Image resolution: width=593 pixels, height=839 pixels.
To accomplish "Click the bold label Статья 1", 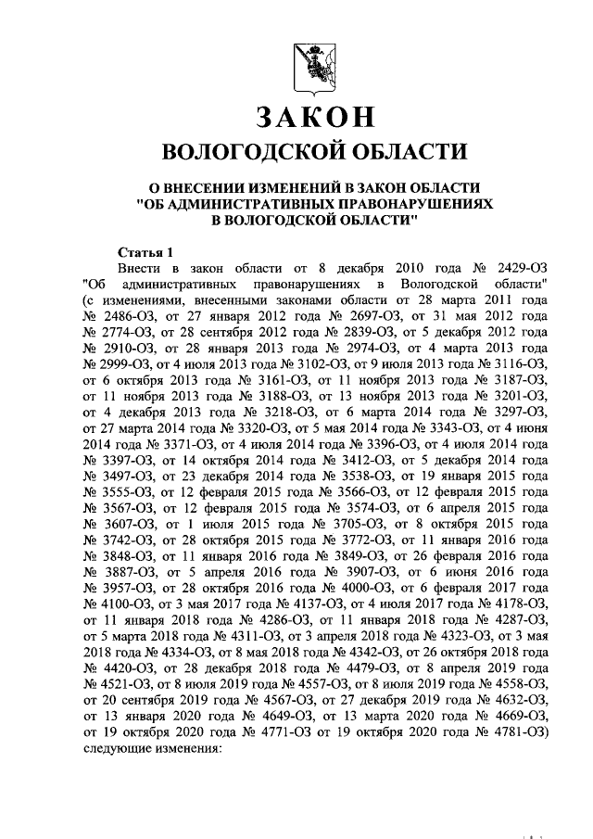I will (147, 252).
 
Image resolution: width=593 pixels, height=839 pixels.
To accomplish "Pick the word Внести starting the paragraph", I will (142, 266).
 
